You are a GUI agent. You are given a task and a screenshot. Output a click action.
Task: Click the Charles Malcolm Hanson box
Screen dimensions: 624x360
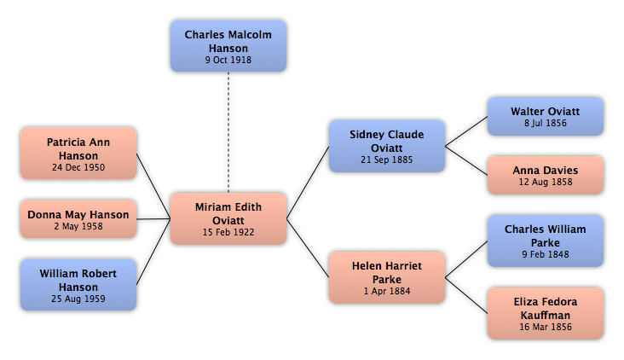[x=228, y=46]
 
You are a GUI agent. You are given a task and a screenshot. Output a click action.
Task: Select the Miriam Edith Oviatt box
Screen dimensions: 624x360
[x=228, y=218]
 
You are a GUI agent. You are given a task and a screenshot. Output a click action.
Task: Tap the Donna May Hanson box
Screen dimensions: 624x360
[x=78, y=219]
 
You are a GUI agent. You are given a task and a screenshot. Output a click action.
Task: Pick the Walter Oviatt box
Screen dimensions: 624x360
[x=546, y=116]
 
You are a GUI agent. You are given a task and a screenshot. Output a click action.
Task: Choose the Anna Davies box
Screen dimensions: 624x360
[x=546, y=175]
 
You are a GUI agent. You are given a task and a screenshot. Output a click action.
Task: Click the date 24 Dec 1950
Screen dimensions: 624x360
[x=78, y=168]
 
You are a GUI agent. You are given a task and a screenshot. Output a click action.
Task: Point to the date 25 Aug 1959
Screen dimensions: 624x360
[x=78, y=299]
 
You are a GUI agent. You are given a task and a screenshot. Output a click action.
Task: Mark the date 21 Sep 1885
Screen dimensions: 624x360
[x=387, y=160]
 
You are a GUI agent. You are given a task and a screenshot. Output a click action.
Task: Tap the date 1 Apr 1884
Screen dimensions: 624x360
[x=387, y=292]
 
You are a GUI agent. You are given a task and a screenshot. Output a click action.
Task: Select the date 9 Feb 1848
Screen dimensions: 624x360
[x=546, y=254]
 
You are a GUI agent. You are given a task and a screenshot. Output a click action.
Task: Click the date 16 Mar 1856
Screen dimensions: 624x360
[x=546, y=327]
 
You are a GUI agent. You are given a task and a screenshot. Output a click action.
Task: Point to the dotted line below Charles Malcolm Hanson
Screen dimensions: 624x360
[x=228, y=132]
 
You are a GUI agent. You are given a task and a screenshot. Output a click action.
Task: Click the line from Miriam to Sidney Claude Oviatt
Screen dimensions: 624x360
[x=308, y=183]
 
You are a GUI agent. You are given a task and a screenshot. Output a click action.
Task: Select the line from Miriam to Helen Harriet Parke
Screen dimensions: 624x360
[x=308, y=248]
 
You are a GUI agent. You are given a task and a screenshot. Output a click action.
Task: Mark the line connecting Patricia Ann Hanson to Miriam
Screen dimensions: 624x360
[x=153, y=186]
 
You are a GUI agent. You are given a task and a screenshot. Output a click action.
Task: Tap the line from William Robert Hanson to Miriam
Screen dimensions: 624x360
[x=153, y=252]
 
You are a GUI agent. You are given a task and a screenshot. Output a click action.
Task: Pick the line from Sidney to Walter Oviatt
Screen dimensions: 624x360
[x=466, y=131]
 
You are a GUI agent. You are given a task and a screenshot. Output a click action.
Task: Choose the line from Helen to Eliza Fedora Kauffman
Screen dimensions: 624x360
[x=466, y=295]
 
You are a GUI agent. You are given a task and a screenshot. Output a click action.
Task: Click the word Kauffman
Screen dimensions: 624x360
[x=546, y=316]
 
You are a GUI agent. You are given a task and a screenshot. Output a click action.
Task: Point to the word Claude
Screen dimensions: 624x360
[x=404, y=135]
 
